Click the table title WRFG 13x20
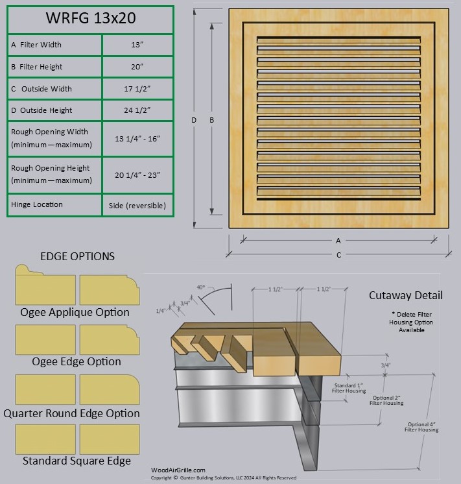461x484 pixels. coord(90,19)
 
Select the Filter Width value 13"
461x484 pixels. coord(137,45)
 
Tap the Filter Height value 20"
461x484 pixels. coord(137,67)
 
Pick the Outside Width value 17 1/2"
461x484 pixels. coord(137,89)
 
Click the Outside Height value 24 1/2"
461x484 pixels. coord(137,110)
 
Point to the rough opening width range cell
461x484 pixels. coord(137,138)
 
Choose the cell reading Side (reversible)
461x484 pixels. coord(137,205)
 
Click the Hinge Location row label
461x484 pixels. coord(37,204)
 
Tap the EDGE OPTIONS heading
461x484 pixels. coord(77,256)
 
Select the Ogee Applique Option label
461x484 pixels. coord(75,312)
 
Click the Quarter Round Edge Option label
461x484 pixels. coord(71,413)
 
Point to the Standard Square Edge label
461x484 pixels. coord(77,461)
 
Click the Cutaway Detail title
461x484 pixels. coord(406,295)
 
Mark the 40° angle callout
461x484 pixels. coord(201,287)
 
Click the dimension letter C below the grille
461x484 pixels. coord(338,255)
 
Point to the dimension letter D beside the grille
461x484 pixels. coord(194,120)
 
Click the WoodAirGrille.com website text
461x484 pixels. coord(178,470)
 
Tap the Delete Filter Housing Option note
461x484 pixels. coord(407,322)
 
